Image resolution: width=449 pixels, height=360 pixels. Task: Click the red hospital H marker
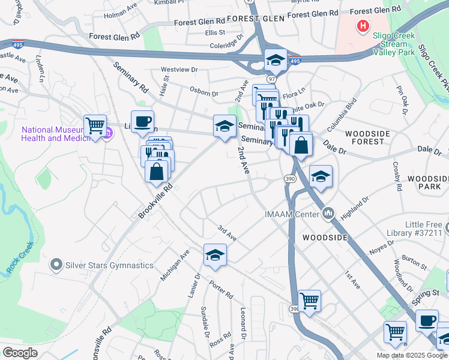pyautogui.click(x=363, y=26)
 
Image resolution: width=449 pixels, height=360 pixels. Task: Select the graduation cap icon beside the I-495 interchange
pyautogui.click(x=275, y=60)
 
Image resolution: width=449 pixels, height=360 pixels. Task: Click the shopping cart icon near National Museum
pyautogui.click(x=95, y=125)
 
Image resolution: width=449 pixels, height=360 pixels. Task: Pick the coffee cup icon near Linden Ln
pyautogui.click(x=142, y=122)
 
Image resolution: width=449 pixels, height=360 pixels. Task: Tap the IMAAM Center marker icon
pyautogui.click(x=328, y=213)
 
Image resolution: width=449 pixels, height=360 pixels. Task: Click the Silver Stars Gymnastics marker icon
pyautogui.click(x=56, y=265)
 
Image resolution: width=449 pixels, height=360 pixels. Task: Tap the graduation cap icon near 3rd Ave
pyautogui.click(x=215, y=255)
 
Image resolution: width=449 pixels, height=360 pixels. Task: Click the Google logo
pyautogui.click(x=20, y=353)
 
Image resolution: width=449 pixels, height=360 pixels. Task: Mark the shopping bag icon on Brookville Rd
pyautogui.click(x=156, y=171)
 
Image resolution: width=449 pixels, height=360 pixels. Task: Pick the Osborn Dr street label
pyautogui.click(x=205, y=93)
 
